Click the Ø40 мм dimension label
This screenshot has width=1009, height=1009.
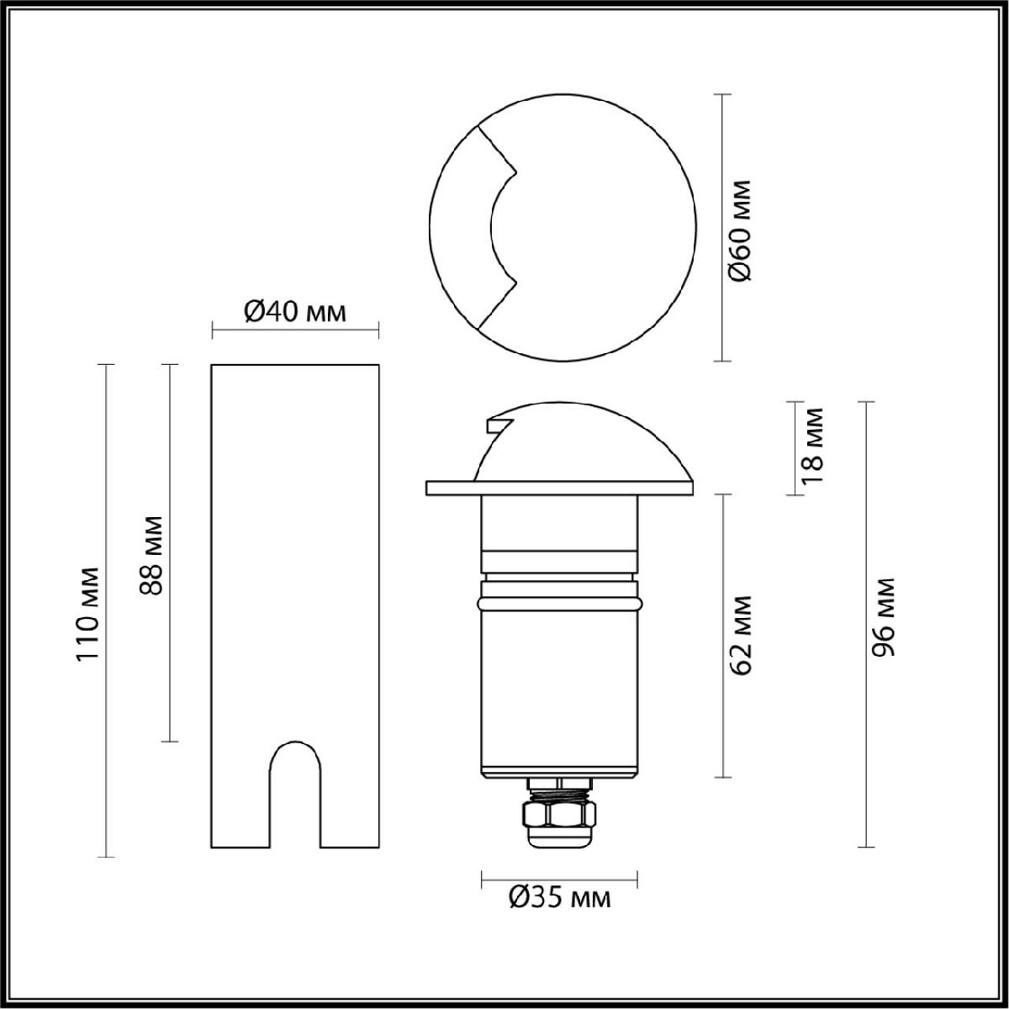coord(294,312)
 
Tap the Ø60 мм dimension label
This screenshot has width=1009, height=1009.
coord(741,229)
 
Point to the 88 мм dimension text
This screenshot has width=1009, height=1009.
coord(151,555)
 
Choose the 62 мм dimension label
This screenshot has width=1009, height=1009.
coord(741,636)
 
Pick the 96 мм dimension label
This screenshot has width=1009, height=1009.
coord(883,618)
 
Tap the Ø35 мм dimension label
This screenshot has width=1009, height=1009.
coord(560,898)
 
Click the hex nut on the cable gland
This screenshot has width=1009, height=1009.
coord(558,814)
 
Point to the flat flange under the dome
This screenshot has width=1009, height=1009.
coord(559,488)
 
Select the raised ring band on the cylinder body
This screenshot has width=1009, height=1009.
coord(558,603)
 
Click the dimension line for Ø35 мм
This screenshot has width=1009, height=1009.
coord(558,880)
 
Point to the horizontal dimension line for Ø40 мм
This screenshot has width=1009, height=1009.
coord(294,329)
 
